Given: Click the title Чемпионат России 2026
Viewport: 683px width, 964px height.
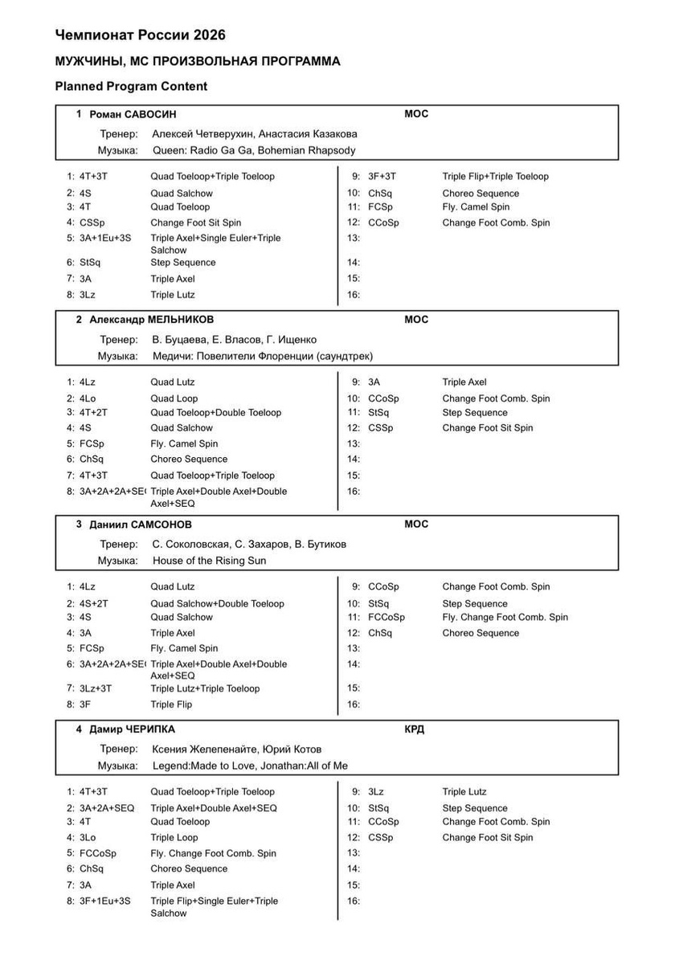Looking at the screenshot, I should [140, 35].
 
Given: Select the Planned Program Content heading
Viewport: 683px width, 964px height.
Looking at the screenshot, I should [131, 87].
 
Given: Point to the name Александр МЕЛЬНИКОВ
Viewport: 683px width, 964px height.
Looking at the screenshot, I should [151, 320].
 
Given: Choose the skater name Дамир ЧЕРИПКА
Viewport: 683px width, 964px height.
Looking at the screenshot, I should [132, 729].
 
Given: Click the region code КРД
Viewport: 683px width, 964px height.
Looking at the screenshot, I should [414, 729].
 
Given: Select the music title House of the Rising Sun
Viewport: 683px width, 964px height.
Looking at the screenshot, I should [209, 561].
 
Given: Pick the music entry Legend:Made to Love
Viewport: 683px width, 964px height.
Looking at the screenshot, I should [205, 766].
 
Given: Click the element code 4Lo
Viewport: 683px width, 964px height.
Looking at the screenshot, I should [87, 398].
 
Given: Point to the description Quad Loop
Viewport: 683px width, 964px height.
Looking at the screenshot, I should [174, 398].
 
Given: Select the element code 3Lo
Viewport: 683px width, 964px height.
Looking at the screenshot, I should [87, 838].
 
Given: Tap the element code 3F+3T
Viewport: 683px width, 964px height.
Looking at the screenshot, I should [382, 177].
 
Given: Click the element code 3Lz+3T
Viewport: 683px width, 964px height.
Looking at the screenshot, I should [96, 688].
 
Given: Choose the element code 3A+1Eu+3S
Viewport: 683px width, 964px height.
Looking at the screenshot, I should [105, 239].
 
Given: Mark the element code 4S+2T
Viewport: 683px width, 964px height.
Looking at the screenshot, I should [93, 603].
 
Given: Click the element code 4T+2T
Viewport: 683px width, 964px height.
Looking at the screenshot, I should [93, 413].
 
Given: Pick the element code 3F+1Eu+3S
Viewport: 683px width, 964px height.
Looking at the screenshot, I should [105, 901].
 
